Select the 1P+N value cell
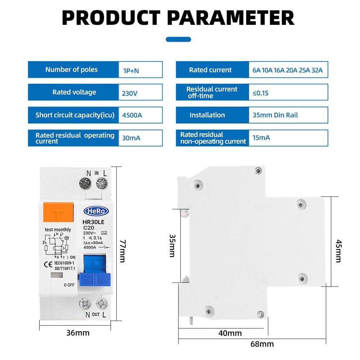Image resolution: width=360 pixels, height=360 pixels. tap(140, 69)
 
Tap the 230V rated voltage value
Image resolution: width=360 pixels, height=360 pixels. tap(130, 94)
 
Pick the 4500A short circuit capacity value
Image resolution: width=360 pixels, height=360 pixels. tap(132, 115)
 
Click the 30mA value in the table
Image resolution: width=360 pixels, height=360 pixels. tap(131, 138)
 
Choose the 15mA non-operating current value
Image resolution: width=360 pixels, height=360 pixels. tap(261, 138)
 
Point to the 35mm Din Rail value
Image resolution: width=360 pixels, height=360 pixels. tap(275, 115)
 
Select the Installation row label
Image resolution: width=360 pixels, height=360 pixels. tap(207, 115)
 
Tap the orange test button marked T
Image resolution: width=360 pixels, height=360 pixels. tap(58, 212)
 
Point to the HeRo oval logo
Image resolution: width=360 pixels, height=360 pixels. tap(96, 211)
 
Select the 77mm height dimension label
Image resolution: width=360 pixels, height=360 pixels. tap(123, 251)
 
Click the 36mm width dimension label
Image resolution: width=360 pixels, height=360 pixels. tap(78, 333)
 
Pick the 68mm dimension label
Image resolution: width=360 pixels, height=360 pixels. tap(262, 344)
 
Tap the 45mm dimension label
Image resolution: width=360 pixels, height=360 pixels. tap(339, 251)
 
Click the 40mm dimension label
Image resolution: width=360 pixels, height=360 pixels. tap(230, 333)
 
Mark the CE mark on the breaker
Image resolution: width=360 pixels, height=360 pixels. tap(48, 265)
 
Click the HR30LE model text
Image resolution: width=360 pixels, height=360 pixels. tap(94, 222)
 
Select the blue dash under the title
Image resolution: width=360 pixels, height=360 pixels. tap(179, 39)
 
